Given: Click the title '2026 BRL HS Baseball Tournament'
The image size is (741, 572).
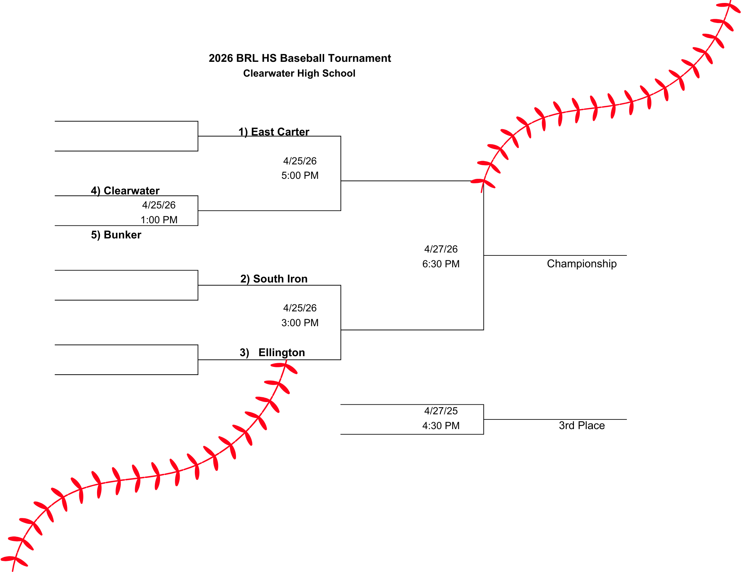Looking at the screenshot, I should pos(300,58).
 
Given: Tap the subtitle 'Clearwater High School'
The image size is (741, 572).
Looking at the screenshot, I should pos(299,73).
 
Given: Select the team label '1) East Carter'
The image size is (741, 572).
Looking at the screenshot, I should pos(273,132).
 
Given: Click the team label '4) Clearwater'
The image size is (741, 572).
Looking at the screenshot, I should pos(125,191).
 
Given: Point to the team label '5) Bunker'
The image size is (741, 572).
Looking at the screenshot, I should pos(116,235).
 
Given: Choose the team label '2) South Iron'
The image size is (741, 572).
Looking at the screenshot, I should pos(274,279).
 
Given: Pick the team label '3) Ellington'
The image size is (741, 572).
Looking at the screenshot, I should pos(272,352).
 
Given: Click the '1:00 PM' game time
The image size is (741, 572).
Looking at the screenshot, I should pos(159,220).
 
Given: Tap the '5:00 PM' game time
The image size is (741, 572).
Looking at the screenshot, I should pos(300,175).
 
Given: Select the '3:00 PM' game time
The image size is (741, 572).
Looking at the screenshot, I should pos(300,323).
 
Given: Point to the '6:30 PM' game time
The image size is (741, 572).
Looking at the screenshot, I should pos(441,264).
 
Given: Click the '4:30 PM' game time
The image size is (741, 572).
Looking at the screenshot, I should pos(441,426).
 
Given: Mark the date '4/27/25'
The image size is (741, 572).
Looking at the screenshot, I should pos(441,411).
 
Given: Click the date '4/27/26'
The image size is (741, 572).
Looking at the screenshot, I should pos(441,249).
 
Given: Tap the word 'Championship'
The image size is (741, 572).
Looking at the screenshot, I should pos(582,264).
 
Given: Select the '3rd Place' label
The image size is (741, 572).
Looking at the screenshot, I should pos(582,426).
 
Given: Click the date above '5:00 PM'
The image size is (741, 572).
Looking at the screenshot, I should pos(300,161).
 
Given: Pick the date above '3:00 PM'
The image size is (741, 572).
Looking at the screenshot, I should pos(300,308).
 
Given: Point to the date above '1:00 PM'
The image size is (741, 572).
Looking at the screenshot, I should pos(159,205).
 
